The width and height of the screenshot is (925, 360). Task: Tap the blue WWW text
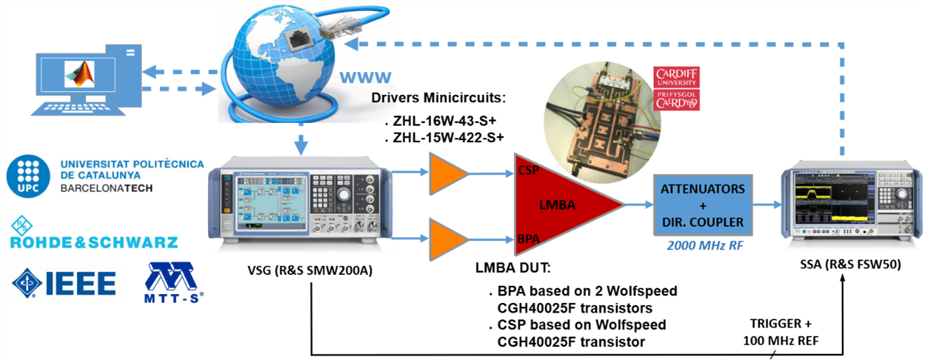coord(365,76)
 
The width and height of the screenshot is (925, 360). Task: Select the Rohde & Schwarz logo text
coord(93,242)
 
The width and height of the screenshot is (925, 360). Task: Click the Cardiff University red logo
coord(677,89)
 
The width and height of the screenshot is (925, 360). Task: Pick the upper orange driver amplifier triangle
coord(445,175)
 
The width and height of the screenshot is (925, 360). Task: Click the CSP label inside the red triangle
coord(529,169)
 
